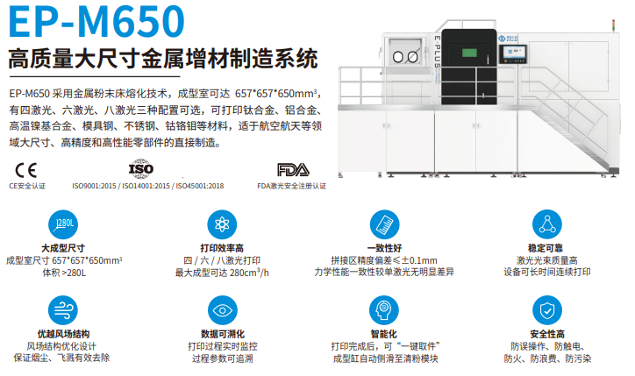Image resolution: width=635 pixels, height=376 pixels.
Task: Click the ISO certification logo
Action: point(140,167)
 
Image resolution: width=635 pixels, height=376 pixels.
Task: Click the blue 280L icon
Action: point(62,225)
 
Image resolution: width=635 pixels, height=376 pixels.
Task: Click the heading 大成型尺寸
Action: point(62,248)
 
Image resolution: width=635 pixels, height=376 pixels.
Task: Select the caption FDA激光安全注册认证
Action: point(291,186)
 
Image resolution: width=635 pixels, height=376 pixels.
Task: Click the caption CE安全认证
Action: point(26,186)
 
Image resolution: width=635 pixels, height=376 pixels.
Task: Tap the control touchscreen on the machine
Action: point(514,53)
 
